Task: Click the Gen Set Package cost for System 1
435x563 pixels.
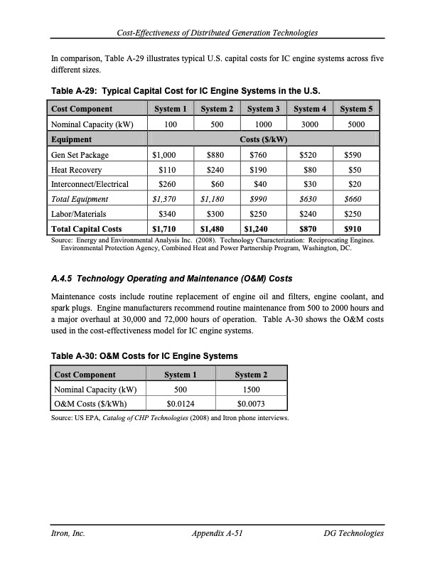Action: [x=163, y=154]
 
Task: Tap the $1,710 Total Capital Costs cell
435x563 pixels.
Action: [x=166, y=229]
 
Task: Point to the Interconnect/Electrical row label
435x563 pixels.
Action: [x=90, y=184]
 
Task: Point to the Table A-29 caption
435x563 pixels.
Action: [x=186, y=92]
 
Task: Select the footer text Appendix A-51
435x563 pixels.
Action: [x=218, y=533]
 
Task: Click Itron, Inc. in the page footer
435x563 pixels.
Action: [x=69, y=533]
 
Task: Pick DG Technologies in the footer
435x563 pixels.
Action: [x=353, y=533]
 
